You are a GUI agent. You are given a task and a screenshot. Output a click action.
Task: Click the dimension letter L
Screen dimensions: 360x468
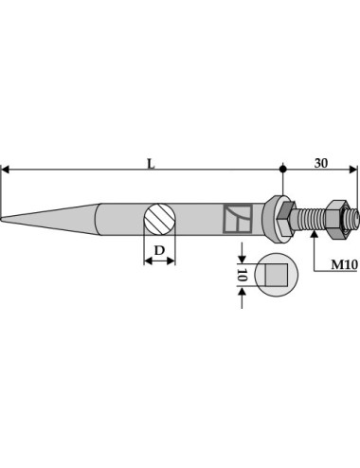[152, 164]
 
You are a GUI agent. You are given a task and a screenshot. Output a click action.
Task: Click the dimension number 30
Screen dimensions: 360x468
[321, 163]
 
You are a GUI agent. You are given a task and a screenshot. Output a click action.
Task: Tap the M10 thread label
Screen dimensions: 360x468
[344, 264]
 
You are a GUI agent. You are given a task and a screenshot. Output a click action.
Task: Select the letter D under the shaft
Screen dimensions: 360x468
[159, 250]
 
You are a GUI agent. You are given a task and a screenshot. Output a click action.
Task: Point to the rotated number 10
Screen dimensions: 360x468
[242, 275]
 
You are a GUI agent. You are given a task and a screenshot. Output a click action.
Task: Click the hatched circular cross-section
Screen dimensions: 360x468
[159, 219]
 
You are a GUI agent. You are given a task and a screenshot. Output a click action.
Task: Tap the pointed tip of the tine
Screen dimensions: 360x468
[2, 219]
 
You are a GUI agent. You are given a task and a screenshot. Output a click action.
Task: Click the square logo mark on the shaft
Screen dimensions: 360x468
[238, 219]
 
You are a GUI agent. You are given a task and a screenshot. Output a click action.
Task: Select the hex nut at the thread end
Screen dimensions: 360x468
[336, 219]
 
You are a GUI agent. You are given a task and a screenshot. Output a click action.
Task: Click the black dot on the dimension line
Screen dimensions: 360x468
[283, 169]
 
